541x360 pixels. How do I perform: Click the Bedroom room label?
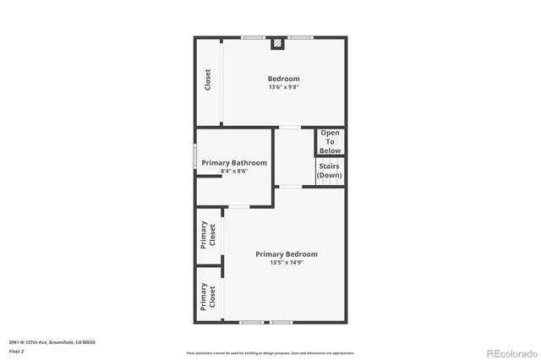(284, 79)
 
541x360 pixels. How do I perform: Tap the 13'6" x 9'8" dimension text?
(284, 87)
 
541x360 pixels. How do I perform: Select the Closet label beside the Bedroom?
(208, 80)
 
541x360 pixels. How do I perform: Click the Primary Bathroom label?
(234, 162)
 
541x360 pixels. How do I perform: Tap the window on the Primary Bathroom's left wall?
(195, 155)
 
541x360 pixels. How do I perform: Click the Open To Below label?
(330, 140)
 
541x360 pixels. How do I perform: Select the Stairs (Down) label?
(329, 171)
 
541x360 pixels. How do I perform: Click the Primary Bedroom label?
(287, 254)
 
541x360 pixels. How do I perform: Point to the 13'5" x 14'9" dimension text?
(287, 263)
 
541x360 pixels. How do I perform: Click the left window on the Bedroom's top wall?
(253, 37)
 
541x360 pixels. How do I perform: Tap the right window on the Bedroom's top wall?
(300, 37)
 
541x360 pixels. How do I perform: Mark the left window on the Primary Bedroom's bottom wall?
(251, 323)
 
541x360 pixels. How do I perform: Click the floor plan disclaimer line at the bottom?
(270, 352)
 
